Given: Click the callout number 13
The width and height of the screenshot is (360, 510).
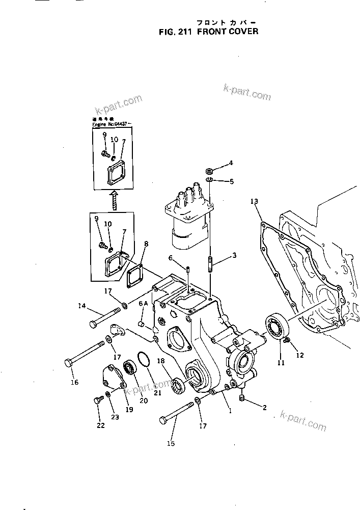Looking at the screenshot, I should tap(254, 202).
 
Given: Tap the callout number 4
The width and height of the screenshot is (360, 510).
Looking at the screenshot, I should tap(231, 163).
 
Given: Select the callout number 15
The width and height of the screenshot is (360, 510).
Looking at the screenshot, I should tap(171, 444).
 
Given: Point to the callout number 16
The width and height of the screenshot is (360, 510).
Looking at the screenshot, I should tap(74, 382).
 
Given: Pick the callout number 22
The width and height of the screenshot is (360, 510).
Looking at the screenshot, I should tap(100, 425).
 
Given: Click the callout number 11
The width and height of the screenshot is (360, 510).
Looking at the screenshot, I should tap(280, 363).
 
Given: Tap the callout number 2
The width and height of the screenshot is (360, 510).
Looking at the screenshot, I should tap(264, 407).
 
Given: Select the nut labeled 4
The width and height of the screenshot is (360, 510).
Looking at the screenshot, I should tap(209, 169).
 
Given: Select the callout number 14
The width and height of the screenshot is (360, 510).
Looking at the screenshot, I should tap(81, 306).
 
